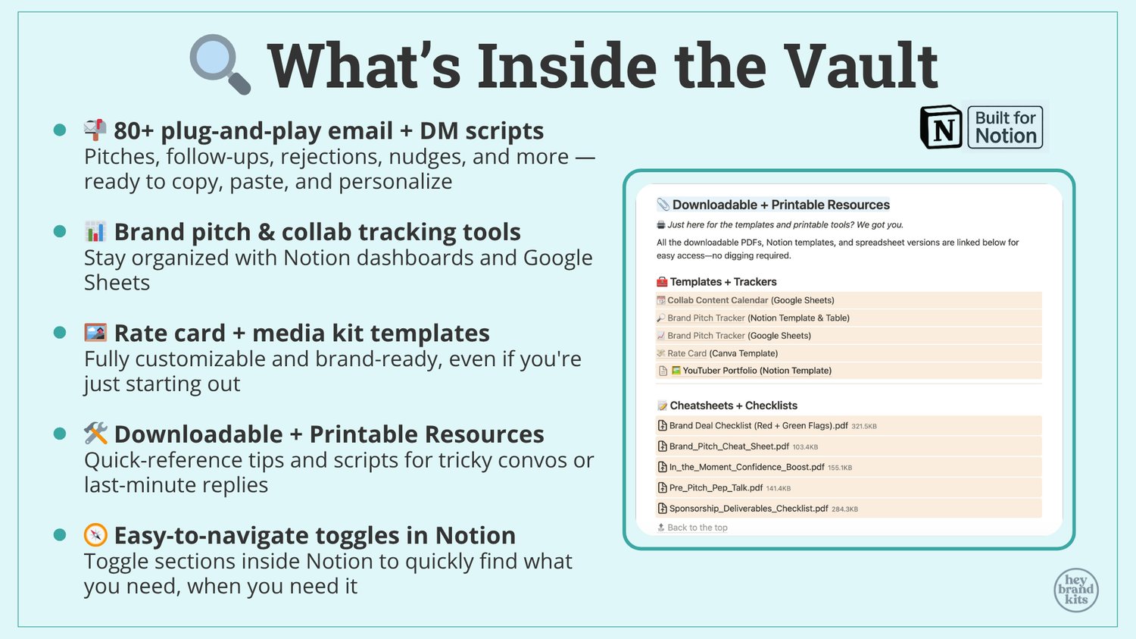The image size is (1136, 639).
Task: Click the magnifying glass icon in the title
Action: pos(220,64)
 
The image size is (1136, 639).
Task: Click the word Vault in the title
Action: pos(860,66)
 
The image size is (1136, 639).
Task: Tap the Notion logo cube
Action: pos(941,127)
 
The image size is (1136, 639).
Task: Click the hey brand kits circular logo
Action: pos(1075,590)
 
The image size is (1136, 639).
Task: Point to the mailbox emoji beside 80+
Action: pos(95,130)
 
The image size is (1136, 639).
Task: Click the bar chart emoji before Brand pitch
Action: pos(95,231)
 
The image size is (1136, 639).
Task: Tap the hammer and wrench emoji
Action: pos(95,434)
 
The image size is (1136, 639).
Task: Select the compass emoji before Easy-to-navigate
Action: pos(95,535)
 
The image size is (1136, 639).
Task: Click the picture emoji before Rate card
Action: pos(95,333)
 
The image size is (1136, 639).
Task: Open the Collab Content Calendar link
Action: pos(718,300)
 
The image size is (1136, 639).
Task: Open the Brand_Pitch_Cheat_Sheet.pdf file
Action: pos(729,446)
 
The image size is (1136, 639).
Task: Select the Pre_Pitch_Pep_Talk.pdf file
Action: pos(716,487)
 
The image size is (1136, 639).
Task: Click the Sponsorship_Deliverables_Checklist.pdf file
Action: pos(748,508)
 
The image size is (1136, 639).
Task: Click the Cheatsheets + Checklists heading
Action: pos(733,405)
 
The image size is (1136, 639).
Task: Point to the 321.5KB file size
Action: pos(863,426)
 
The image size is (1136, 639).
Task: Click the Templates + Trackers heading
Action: pos(723,282)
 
